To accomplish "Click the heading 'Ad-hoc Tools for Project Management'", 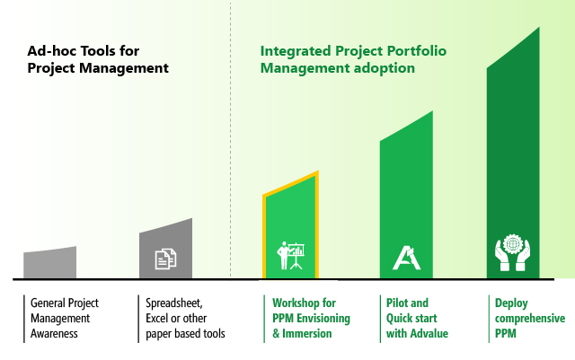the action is (98, 59).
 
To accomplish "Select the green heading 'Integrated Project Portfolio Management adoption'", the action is (353, 59).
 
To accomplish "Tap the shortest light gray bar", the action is (50, 262).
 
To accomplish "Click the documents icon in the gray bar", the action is (165, 259).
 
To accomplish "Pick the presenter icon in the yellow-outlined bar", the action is (290, 256).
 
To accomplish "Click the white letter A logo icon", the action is (406, 258).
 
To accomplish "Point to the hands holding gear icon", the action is (512, 252).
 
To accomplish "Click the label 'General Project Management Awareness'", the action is (65, 318).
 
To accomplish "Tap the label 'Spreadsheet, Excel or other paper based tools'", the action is (185, 318).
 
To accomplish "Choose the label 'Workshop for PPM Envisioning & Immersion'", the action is (311, 318).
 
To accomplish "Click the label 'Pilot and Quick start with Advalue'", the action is (417, 318).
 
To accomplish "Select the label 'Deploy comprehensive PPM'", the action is (530, 318).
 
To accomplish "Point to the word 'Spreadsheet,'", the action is (174, 303).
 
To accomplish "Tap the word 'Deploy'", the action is (511, 303).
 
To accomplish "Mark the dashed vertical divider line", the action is (231, 140).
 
